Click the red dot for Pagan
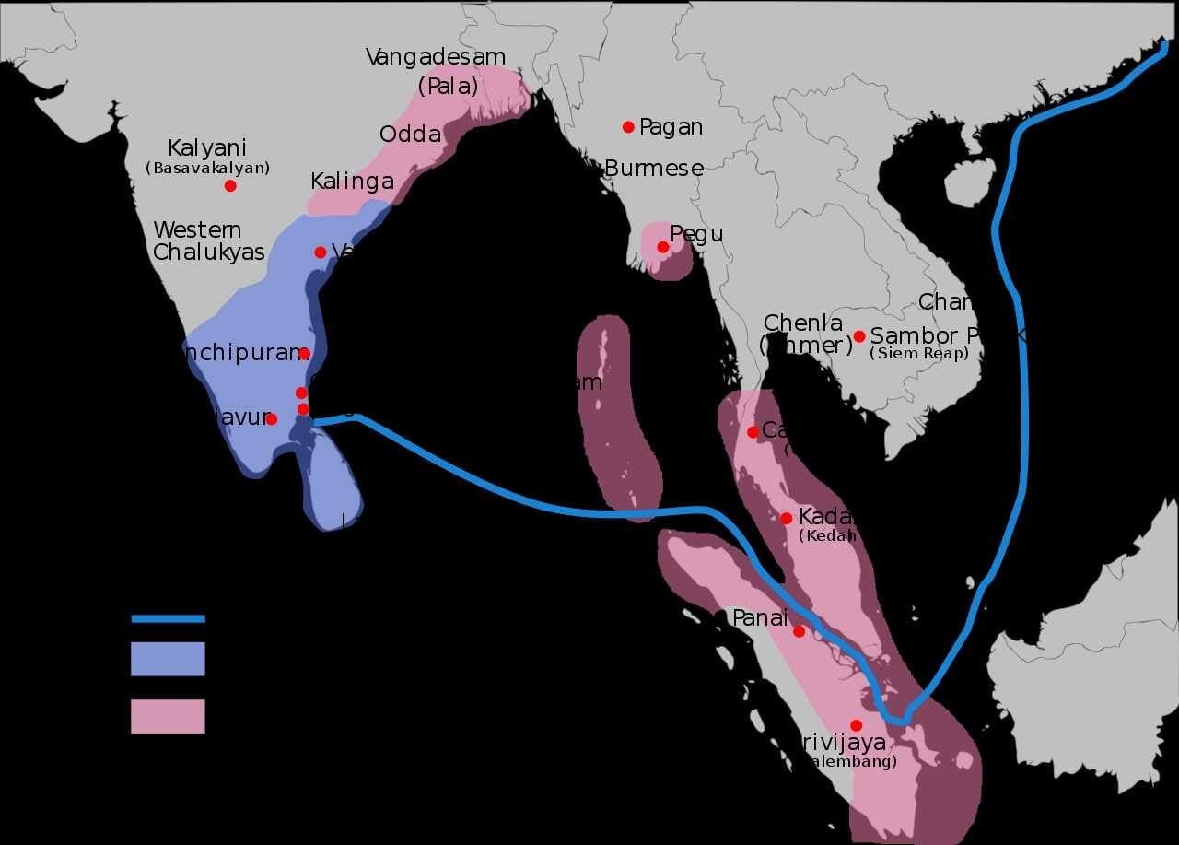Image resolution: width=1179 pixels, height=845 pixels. coord(628,127)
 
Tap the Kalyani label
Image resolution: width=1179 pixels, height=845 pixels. coord(207,148)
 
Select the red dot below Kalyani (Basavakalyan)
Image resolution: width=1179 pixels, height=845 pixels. coord(230,186)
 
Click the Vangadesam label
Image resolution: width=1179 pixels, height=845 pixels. coord(436,57)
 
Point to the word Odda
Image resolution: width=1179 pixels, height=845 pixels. coord(410,135)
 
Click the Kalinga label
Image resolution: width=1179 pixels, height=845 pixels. coord(352,182)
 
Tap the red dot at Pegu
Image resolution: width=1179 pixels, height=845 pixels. coord(662,247)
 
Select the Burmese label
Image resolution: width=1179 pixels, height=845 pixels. coord(654,169)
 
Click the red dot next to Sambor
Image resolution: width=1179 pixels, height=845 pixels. coord(859,336)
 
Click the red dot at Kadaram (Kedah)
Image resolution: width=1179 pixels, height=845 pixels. coord(786,519)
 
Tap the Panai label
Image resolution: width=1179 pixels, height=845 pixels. coord(759,618)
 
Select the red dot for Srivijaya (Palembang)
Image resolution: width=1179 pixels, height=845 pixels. coord(856,725)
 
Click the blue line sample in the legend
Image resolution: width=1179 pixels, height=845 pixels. coord(168,619)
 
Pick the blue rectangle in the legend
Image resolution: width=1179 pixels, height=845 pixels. coord(168,659)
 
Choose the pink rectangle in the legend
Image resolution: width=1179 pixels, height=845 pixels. coord(168,716)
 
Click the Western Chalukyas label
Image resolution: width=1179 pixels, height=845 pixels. coord(209,241)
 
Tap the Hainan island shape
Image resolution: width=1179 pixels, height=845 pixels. coord(970,182)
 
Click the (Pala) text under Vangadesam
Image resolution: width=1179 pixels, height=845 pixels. coord(448,88)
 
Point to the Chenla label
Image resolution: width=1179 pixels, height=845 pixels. coord(802,323)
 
